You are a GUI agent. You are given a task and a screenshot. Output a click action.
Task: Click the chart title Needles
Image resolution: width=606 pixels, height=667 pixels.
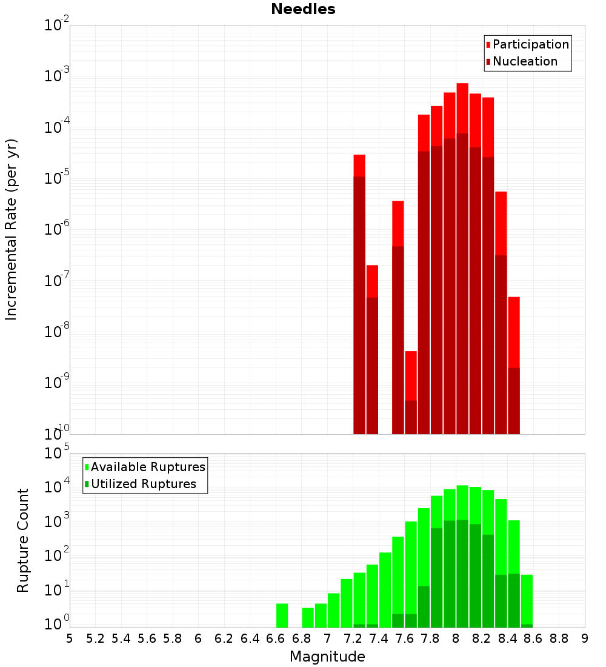tap(303, 9)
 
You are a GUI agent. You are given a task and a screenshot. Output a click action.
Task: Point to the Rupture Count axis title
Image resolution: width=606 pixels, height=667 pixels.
tap(23, 540)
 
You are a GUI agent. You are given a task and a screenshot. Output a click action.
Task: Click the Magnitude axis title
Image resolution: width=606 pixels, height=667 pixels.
tap(327, 657)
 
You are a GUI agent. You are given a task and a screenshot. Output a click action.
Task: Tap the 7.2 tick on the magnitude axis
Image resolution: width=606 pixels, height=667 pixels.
tap(353, 638)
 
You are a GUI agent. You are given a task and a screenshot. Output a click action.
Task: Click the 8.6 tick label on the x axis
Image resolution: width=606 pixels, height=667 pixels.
tap(533, 638)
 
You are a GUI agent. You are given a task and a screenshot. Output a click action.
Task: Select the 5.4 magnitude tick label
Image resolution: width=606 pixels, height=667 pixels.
tap(121, 638)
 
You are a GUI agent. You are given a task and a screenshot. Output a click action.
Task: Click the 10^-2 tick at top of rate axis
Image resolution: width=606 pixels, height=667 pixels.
tap(58, 25)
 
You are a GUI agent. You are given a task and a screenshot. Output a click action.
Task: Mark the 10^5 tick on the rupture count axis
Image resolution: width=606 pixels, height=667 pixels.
tap(58, 453)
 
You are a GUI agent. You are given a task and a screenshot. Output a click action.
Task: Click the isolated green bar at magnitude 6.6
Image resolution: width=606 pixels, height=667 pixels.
tap(282, 615)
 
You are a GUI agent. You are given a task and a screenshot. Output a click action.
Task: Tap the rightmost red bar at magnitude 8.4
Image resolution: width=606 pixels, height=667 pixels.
tap(514, 364)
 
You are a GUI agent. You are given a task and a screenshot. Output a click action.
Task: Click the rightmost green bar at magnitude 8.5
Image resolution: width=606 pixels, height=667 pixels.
tap(527, 600)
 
